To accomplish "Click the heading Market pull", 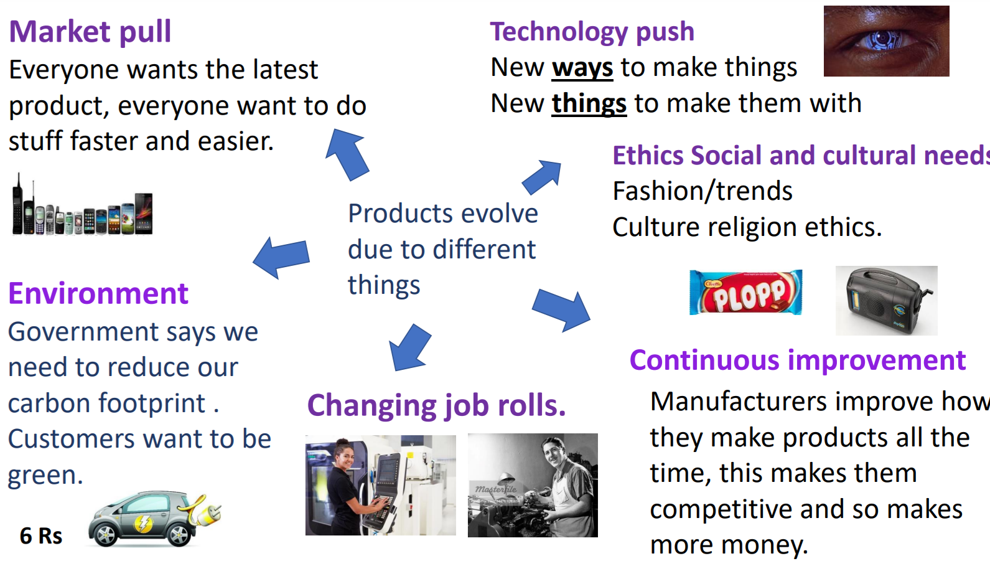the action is point(90,32).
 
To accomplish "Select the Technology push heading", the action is point(592,32).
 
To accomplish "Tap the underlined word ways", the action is point(582,68).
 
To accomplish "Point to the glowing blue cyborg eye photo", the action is point(887,40).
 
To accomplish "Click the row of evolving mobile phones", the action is point(82,205).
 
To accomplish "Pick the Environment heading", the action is point(98,293).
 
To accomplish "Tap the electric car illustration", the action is point(154,518).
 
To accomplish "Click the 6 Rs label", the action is point(41,536).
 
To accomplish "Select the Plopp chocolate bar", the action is point(746,292).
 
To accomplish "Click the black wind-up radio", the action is point(887,301).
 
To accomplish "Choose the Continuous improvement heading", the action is point(798,361).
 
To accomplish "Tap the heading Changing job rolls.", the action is point(437,406).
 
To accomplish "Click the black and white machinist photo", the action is point(533,485).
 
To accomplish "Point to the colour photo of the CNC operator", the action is point(381,485).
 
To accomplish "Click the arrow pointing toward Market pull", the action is point(348,154).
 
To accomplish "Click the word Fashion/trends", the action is point(703,191).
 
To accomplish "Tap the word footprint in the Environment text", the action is point(151,403).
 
